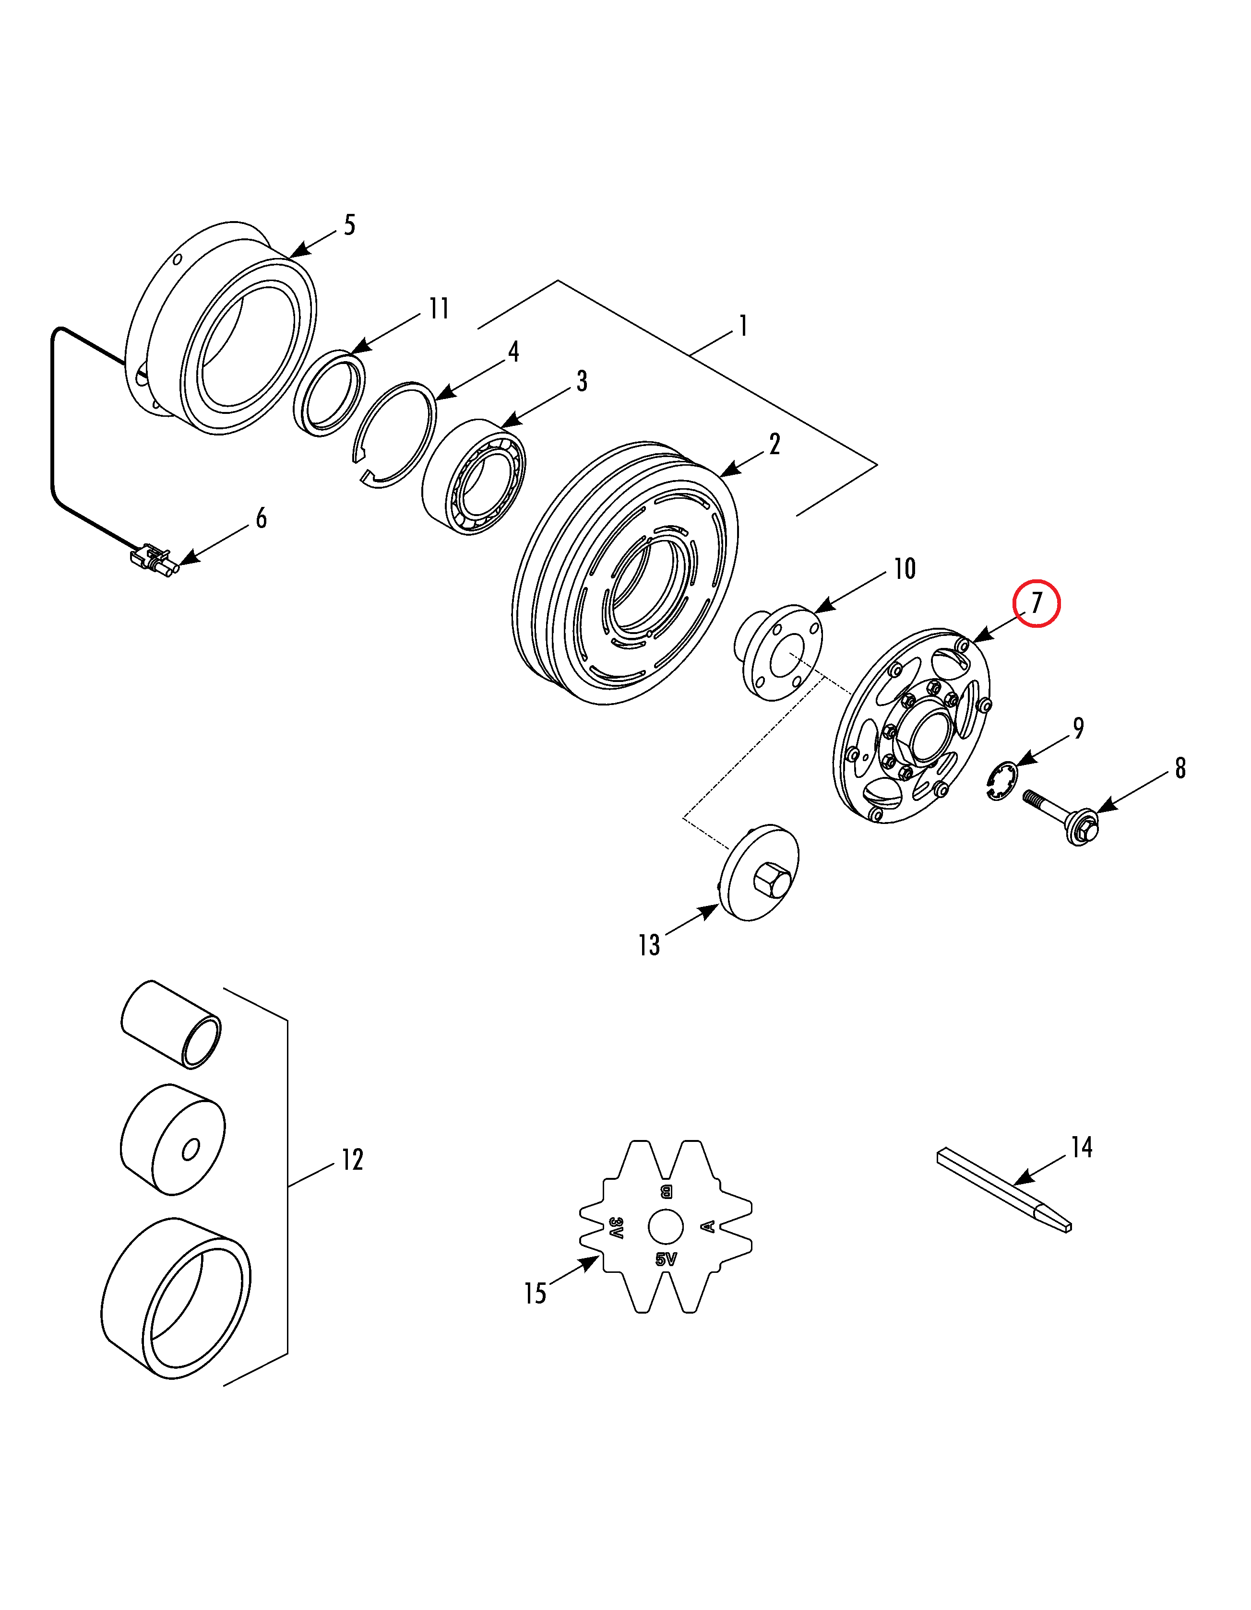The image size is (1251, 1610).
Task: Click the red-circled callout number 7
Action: [x=1037, y=603]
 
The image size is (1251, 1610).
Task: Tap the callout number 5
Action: [x=350, y=225]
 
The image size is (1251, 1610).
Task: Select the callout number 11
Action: [x=439, y=308]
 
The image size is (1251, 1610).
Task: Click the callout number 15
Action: [x=535, y=1293]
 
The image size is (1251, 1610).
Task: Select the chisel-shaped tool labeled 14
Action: [x=1003, y=1192]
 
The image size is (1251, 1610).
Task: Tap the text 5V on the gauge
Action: [x=666, y=1259]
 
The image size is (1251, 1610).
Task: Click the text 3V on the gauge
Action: [x=616, y=1227]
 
